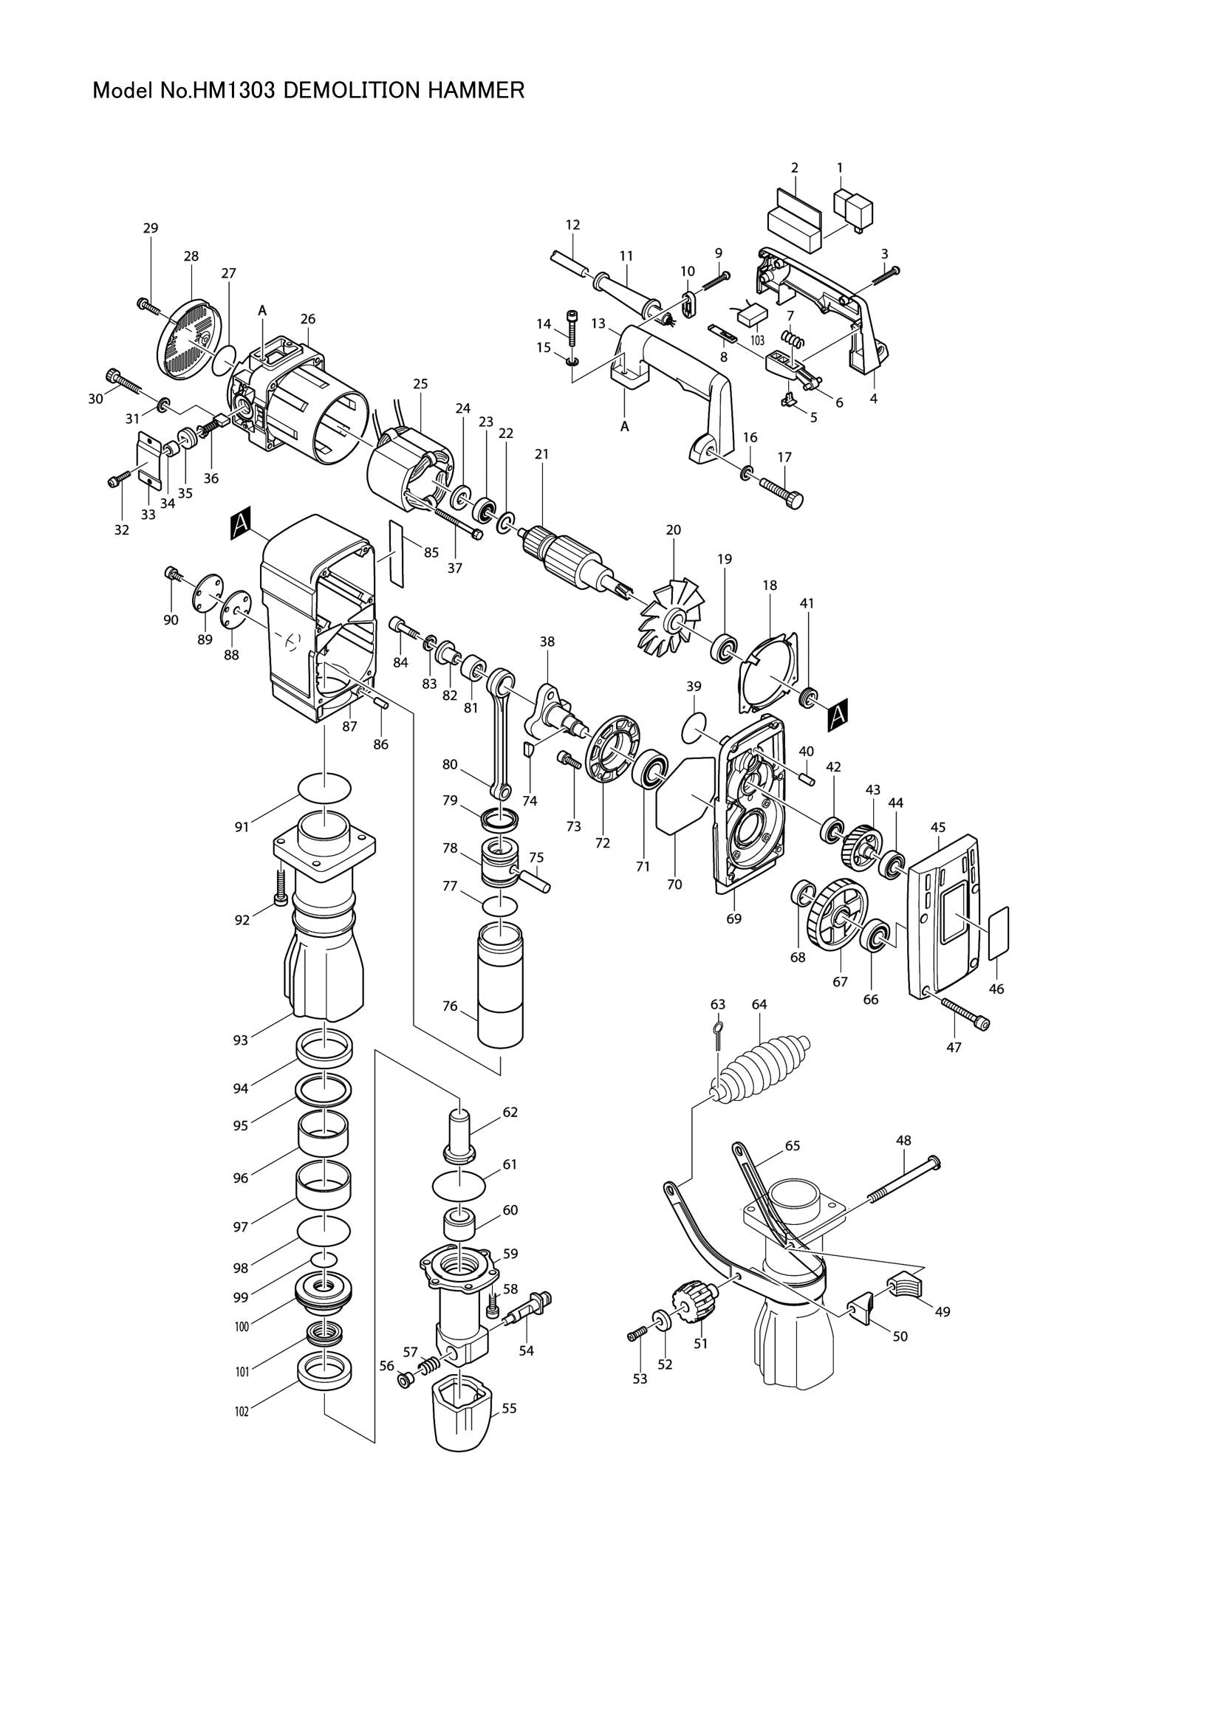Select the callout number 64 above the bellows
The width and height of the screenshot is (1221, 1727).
(759, 1004)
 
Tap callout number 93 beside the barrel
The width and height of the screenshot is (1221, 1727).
(240, 1040)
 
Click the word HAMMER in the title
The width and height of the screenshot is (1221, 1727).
(476, 91)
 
